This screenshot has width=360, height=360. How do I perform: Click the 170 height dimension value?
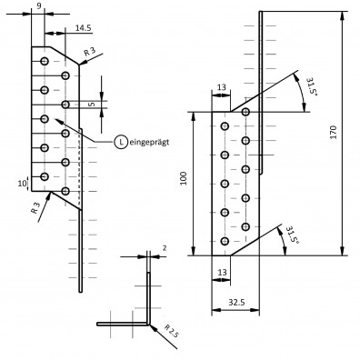click(334, 132)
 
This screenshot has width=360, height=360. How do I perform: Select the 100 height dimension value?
click(184, 178)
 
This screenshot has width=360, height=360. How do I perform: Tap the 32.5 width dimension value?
click(236, 302)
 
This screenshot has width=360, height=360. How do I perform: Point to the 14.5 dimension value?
click(83, 28)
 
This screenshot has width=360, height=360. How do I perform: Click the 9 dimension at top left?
click(39, 6)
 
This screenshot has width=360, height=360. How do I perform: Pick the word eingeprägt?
click(149, 142)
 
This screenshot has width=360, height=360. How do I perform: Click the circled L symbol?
click(121, 142)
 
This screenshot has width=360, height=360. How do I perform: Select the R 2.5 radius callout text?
click(172, 331)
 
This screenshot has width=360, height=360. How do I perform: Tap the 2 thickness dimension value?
click(165, 248)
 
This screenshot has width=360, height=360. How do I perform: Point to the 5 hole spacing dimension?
click(93, 105)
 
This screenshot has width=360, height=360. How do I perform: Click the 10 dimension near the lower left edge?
click(22, 184)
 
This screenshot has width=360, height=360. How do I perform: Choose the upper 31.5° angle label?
click(311, 87)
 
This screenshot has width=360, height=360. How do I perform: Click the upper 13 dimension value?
click(222, 87)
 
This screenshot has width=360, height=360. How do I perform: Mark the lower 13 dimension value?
click(222, 272)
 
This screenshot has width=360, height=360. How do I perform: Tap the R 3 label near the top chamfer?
click(90, 51)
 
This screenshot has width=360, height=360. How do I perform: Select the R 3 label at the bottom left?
click(35, 207)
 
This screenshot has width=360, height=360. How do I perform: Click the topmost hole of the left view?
click(45, 61)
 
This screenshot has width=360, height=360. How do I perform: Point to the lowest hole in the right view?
click(225, 241)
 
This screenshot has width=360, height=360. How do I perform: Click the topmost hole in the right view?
click(245, 112)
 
